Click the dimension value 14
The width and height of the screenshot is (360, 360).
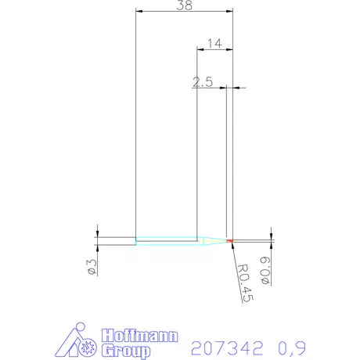tap(214, 44)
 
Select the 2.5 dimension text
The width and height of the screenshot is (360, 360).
tap(203, 81)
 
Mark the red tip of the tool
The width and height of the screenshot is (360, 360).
tap(230, 239)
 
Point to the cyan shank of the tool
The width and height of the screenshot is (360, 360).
tap(165, 239)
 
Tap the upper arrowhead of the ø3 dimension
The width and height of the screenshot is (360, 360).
tap(97, 234)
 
